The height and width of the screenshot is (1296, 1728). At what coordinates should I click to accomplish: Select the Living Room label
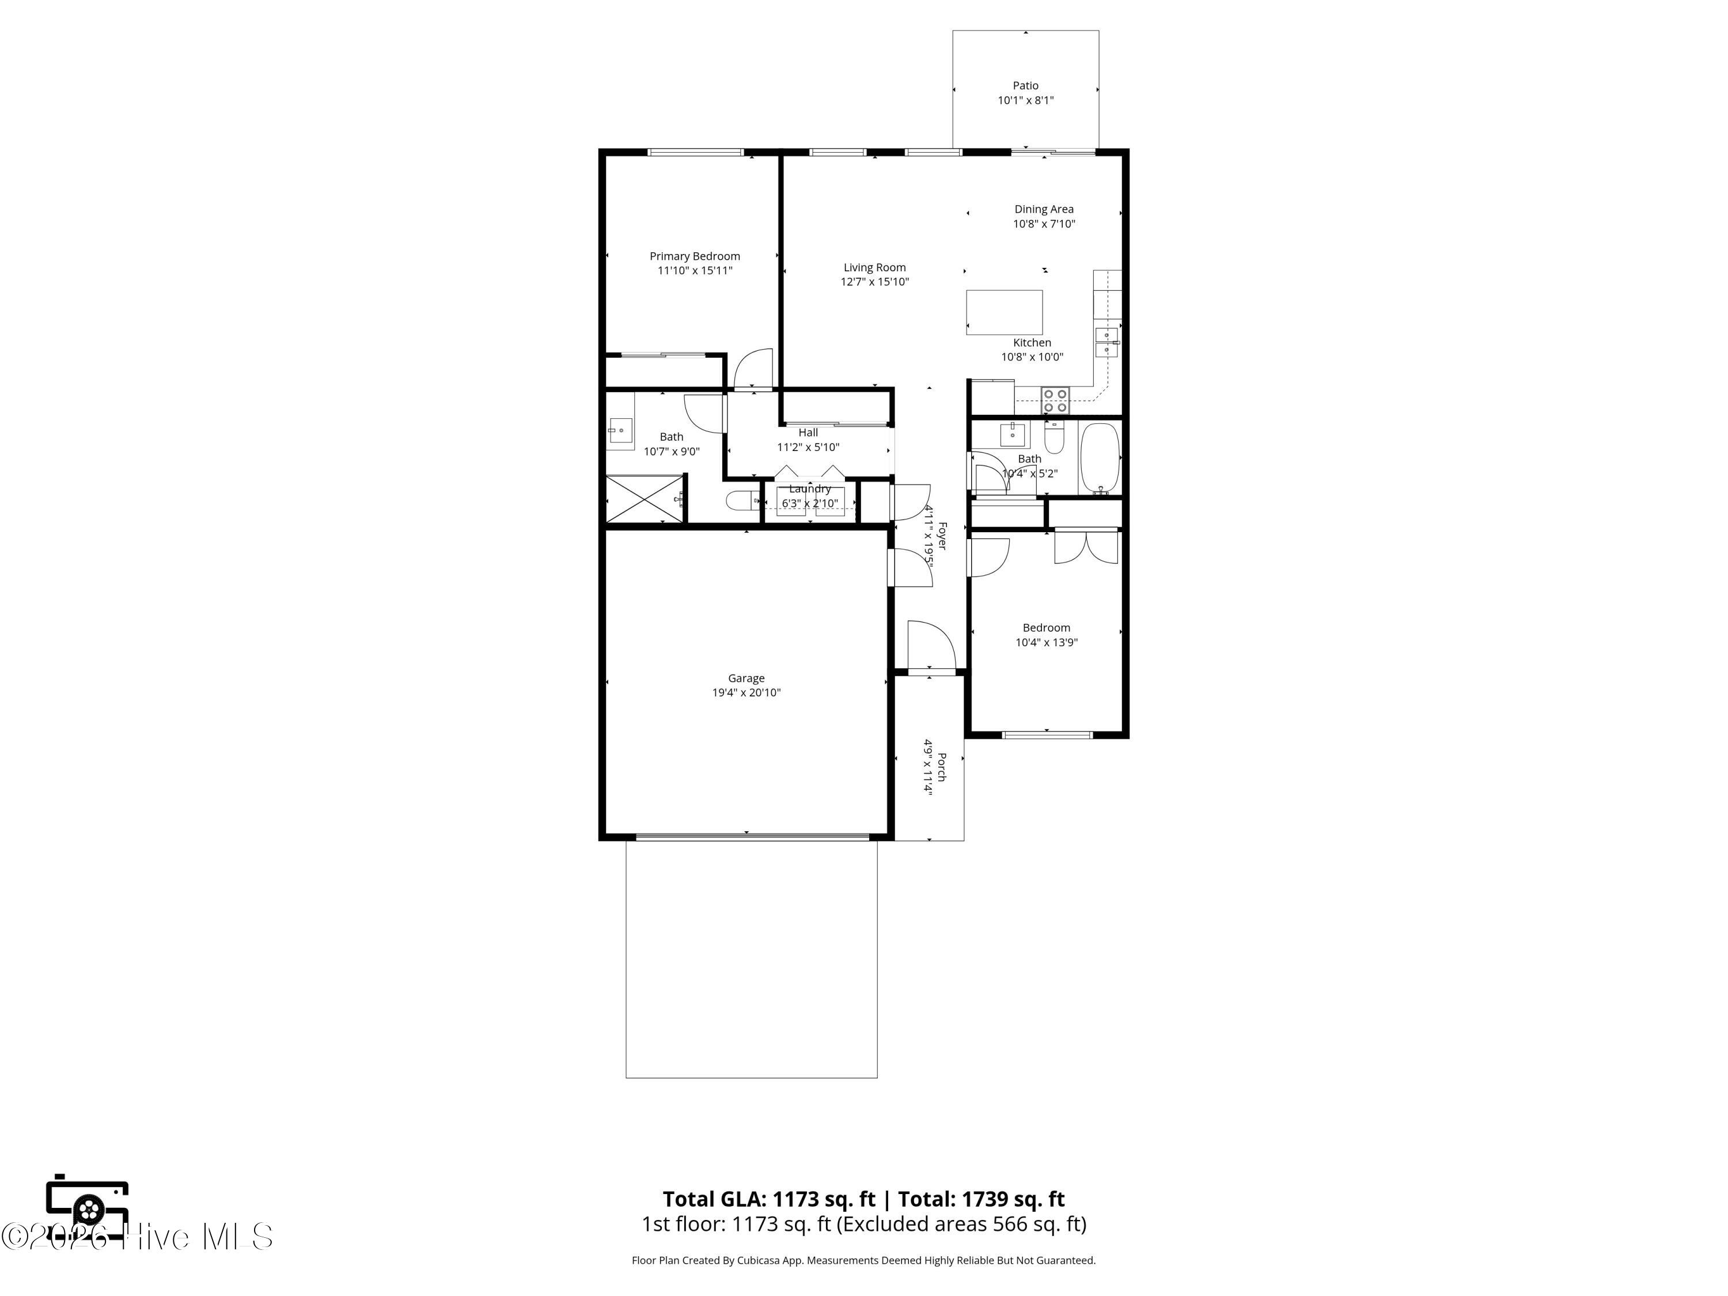pos(874,267)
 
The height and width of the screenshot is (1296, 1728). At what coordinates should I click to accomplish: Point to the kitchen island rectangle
pos(1004,312)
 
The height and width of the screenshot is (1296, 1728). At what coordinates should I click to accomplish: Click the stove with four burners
pos(1055,401)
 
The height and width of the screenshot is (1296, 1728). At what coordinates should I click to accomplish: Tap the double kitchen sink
pos(1106,343)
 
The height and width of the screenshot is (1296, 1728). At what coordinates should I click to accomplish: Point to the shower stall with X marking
pos(645,498)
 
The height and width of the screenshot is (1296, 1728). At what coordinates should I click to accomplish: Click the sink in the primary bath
pos(620,430)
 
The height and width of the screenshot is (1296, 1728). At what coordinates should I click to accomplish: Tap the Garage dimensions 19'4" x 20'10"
pos(746,693)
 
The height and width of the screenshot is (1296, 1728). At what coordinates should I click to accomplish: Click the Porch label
pos(941,767)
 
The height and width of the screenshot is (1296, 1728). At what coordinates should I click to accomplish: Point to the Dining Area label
pos(1044,209)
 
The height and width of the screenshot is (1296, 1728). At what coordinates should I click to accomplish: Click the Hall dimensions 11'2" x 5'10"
pos(808,448)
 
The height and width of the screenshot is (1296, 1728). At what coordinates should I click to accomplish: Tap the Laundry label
pos(810,489)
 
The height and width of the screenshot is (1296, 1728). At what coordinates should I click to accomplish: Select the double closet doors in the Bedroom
pos(1086,547)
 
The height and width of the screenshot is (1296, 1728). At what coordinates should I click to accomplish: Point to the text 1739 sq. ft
pos(1013,1199)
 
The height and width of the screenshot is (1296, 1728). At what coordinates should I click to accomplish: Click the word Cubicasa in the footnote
pos(759,1260)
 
